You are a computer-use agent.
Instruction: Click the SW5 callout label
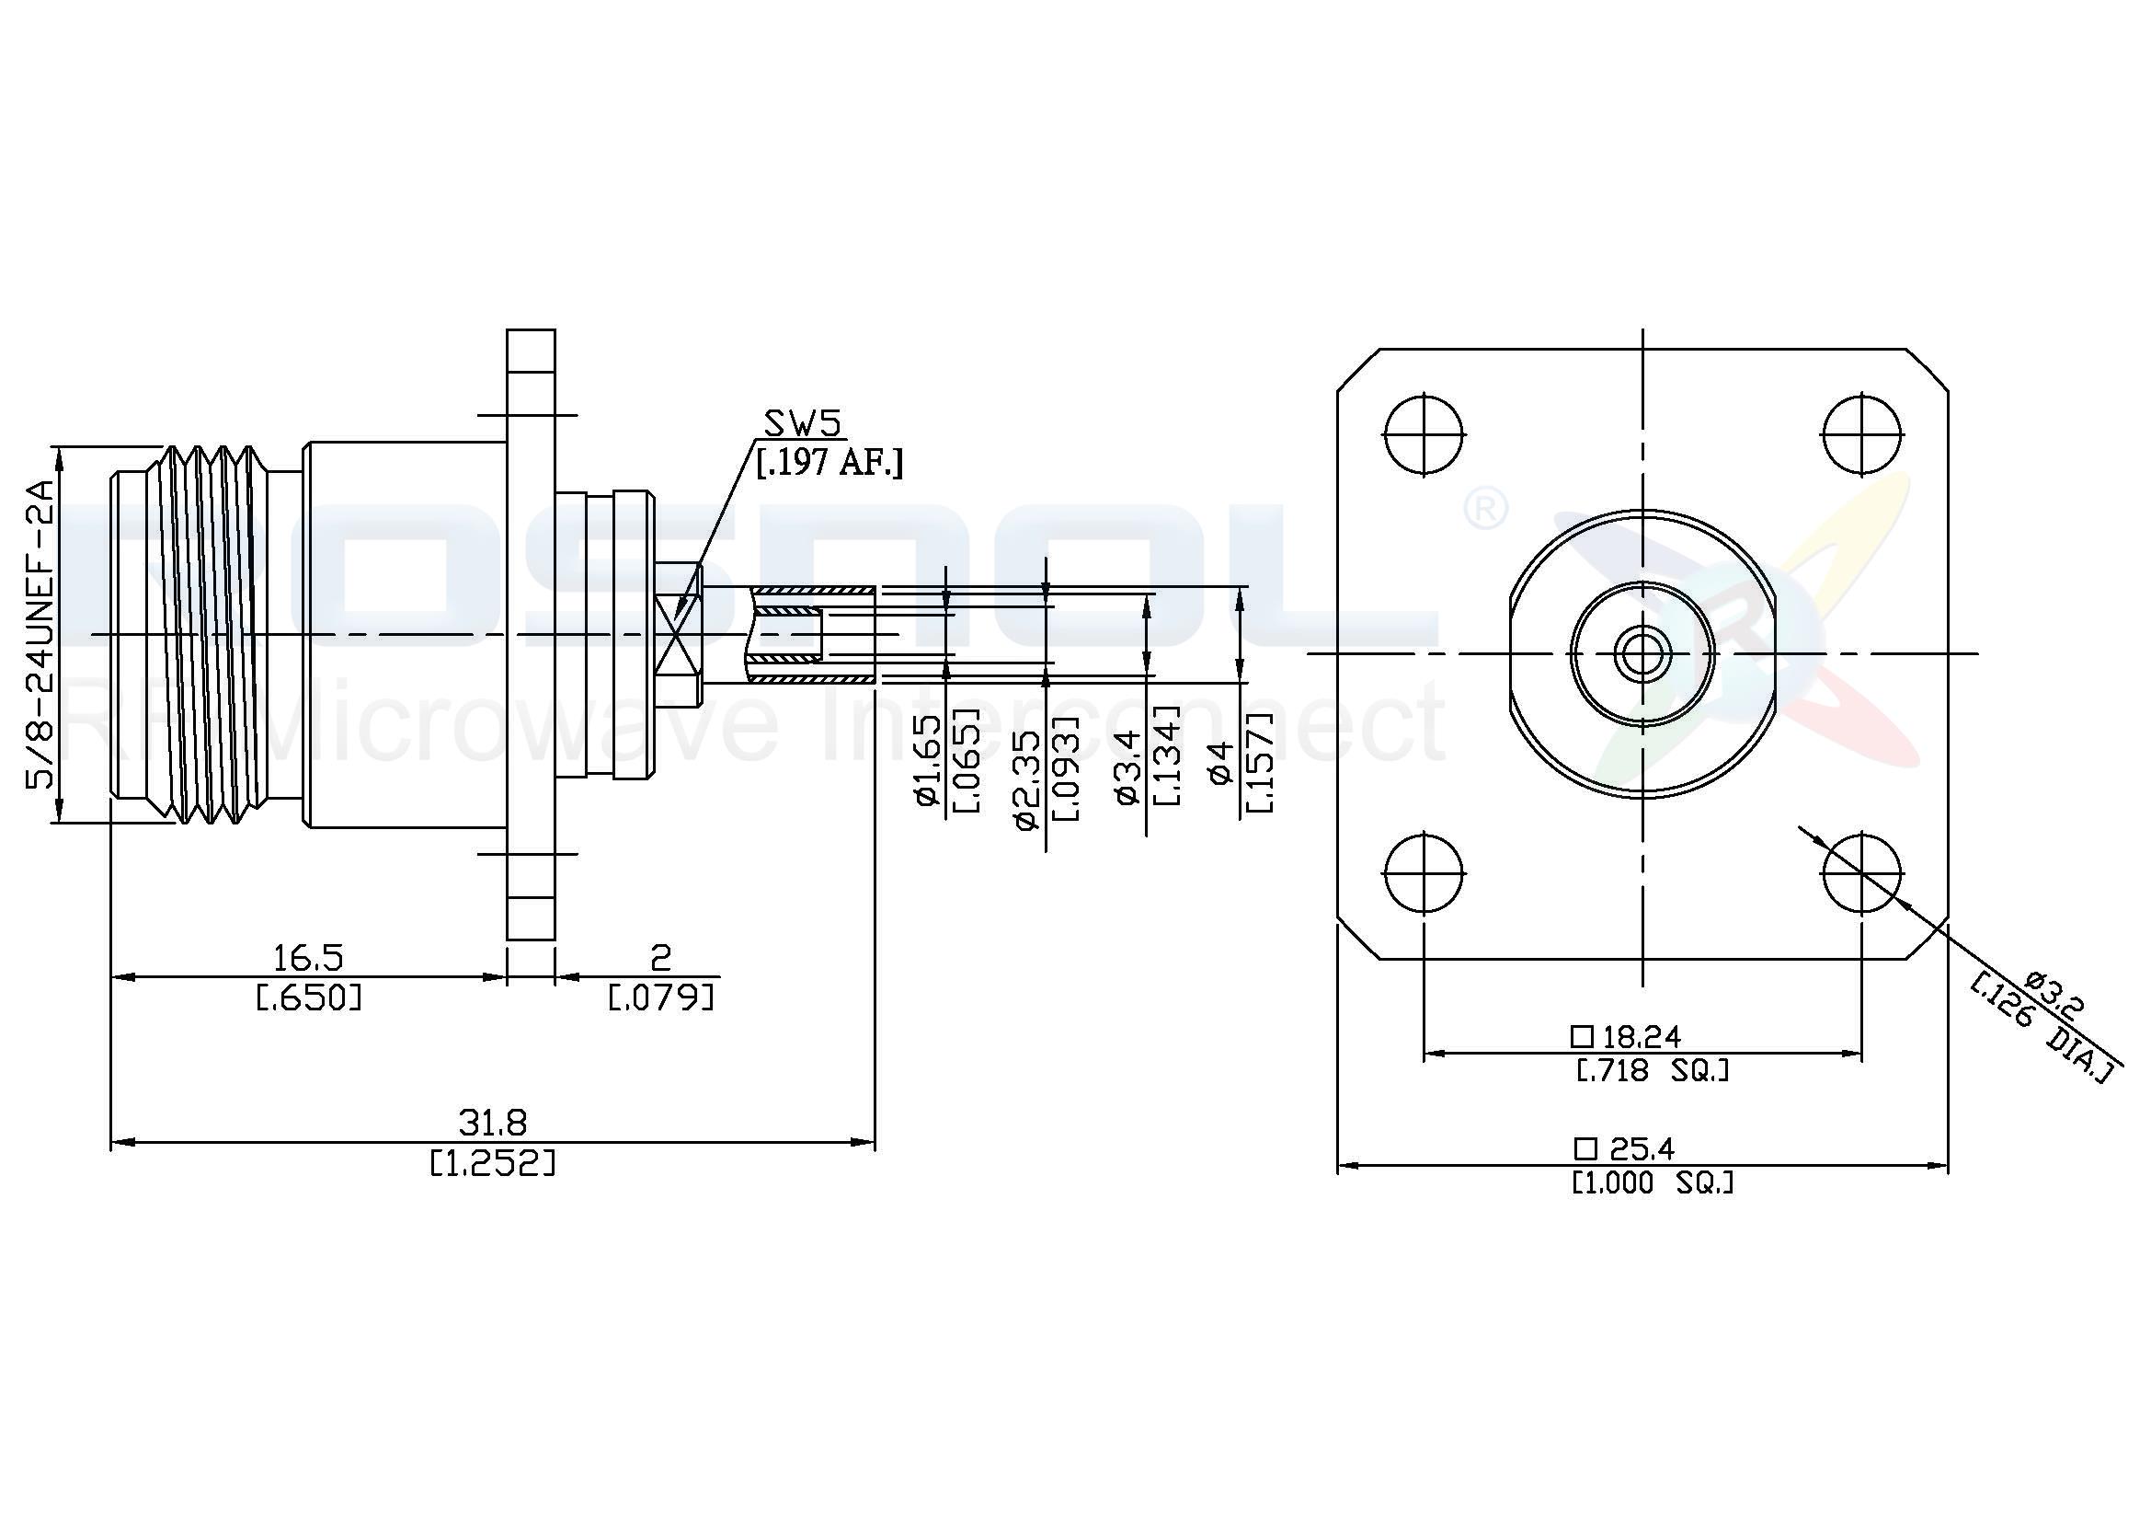click(803, 423)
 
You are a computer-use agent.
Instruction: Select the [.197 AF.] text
click(830, 462)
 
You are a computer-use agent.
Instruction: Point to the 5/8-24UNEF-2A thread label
click(43, 635)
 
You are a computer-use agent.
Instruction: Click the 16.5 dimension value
click(308, 958)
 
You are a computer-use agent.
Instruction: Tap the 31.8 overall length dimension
click(493, 1122)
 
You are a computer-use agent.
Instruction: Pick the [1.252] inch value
click(493, 1164)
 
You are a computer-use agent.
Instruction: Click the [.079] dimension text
click(661, 998)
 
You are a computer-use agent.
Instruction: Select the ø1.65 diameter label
click(927, 760)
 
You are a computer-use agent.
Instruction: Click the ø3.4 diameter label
click(1128, 767)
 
